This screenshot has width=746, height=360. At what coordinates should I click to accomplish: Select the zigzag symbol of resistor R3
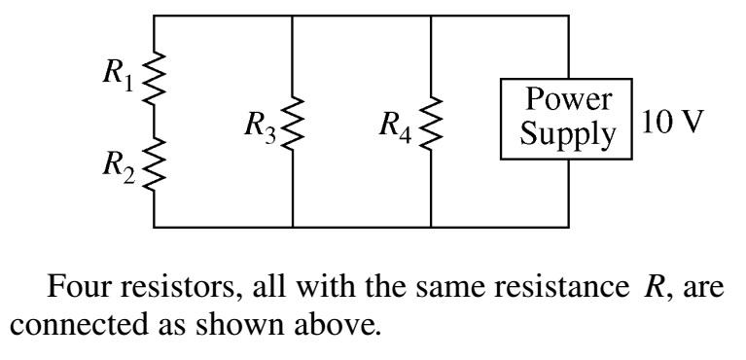point(293,122)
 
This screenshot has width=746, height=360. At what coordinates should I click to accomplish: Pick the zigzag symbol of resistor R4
point(431,122)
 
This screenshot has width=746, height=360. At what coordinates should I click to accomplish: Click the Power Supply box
point(567,119)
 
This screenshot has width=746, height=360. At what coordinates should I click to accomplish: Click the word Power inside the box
point(567,101)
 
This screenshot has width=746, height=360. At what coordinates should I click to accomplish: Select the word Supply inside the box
point(567,134)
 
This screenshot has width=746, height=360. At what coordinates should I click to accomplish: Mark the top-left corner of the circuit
point(154,17)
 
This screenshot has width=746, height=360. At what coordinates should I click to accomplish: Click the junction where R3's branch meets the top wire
point(293,17)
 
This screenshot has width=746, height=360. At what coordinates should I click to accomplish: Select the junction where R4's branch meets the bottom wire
point(431,227)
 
